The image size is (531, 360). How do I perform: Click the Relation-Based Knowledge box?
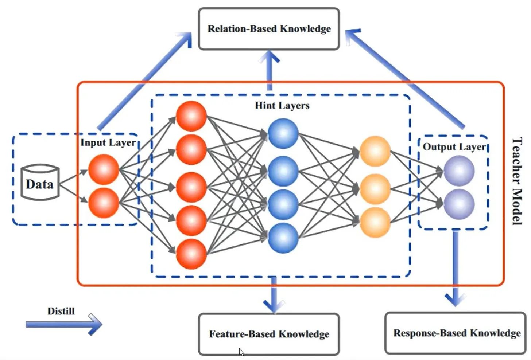[x=269, y=29]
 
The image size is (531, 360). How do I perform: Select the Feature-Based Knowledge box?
[x=269, y=334]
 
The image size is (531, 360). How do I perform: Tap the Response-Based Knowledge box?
[x=456, y=333]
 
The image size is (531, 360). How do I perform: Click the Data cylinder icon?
[x=40, y=182]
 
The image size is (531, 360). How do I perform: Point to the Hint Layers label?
[x=282, y=106]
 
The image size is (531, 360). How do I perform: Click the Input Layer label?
[x=108, y=142]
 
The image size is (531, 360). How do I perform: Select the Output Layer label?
[x=454, y=147]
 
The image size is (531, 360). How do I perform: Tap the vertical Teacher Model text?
[x=517, y=181]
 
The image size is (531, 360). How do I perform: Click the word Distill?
[x=61, y=311]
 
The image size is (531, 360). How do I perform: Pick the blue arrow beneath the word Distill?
[x=64, y=324]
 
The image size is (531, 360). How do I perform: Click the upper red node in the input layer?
[x=104, y=169]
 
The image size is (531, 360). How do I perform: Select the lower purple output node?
[x=459, y=204]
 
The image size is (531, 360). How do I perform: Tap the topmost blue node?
[x=283, y=134]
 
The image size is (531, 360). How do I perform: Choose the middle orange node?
[x=375, y=189]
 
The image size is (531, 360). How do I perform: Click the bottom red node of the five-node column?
[x=191, y=254]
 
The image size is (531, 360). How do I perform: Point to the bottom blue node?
[x=283, y=238]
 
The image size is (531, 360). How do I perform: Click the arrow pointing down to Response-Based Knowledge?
[x=456, y=269]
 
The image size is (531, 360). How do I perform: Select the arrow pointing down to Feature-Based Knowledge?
[x=274, y=295]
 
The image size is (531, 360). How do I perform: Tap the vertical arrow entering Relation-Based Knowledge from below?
[x=269, y=71]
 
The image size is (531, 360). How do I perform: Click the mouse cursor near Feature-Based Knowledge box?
[x=241, y=352]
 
